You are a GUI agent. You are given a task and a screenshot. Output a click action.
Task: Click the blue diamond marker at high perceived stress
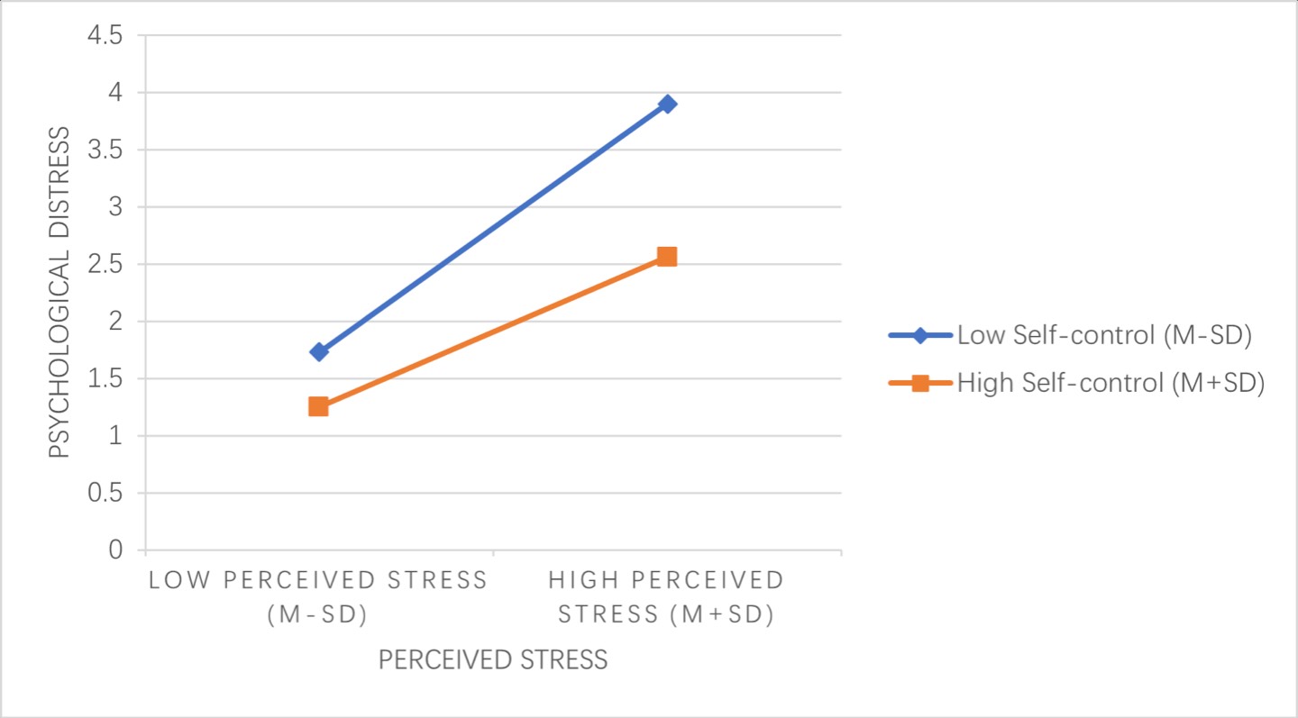(667, 104)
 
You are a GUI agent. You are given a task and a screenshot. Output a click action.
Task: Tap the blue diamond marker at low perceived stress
(318, 351)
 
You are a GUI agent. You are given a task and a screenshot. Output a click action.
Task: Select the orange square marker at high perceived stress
(667, 257)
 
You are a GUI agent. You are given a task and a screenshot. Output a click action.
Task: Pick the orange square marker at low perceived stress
(318, 406)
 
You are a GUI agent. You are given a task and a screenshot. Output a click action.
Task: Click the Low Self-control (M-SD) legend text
(1104, 336)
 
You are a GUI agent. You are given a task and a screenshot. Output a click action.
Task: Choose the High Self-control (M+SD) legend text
(1111, 383)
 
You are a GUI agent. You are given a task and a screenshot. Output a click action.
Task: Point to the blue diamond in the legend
(920, 336)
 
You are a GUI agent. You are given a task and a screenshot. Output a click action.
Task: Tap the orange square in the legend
(920, 383)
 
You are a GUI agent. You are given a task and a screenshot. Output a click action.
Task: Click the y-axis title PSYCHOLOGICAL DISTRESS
(59, 292)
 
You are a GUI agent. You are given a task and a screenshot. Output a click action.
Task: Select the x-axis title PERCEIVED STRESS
(493, 660)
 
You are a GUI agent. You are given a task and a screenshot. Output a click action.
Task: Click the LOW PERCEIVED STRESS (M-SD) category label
(318, 596)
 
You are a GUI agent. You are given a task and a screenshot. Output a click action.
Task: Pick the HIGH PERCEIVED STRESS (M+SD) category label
(667, 596)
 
